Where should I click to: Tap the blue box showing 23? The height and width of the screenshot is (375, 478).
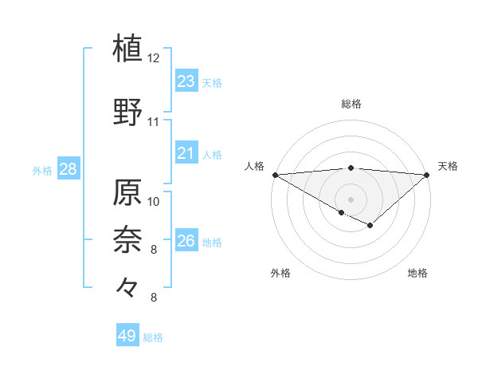coord(186,81)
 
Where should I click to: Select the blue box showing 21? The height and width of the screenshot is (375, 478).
coord(186,153)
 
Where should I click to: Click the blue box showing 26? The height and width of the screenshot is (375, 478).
coord(186,240)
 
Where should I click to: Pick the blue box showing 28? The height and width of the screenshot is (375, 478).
coord(67,168)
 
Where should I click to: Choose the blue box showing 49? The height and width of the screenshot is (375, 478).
coord(127,336)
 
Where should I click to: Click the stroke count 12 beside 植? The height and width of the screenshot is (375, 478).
coord(154,58)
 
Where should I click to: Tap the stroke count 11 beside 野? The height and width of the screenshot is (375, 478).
coord(154,122)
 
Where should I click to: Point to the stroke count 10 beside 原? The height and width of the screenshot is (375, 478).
coord(154,201)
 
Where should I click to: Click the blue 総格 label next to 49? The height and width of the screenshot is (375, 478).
coord(154,337)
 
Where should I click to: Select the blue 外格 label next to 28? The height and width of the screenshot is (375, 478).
coord(42,170)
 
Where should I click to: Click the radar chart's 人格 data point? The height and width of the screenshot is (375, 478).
coord(275,174)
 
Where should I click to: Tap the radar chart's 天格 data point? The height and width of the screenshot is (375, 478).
coord(427,174)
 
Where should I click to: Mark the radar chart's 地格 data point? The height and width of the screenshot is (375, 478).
coord(370,226)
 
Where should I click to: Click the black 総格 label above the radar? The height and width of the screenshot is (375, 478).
coord(351,104)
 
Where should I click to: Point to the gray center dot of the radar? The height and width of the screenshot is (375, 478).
coord(351,199)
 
